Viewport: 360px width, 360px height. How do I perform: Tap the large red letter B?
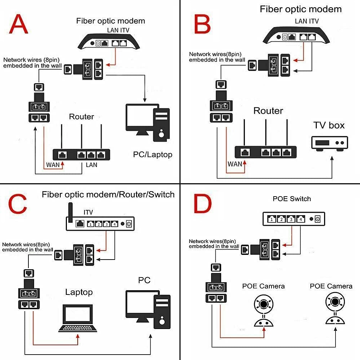tap(202, 24)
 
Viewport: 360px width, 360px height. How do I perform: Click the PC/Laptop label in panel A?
tap(152, 154)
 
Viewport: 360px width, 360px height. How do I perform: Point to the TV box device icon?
tap(329, 143)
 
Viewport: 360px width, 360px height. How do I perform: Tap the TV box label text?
tap(329, 125)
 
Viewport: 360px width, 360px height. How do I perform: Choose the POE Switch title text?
tap(292, 199)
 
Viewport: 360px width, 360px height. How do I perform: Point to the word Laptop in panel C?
tap(79, 292)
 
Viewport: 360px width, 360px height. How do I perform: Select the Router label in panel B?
tap(268, 111)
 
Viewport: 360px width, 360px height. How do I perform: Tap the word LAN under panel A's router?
tap(92, 166)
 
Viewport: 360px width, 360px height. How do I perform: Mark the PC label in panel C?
tap(144, 280)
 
